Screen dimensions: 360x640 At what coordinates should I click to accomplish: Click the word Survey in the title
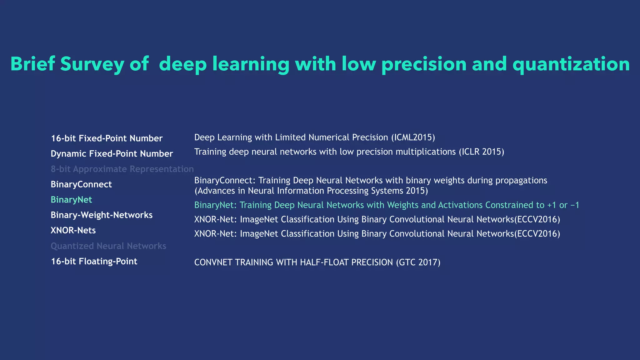click(x=92, y=64)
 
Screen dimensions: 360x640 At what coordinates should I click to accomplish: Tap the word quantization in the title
click(x=571, y=64)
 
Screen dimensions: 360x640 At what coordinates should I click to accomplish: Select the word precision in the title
click(x=424, y=64)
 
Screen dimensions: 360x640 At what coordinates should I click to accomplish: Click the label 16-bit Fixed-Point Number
click(x=107, y=138)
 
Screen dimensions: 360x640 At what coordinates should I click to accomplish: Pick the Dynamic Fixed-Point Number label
click(x=112, y=153)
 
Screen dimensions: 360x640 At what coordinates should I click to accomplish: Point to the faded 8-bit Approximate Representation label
click(x=122, y=169)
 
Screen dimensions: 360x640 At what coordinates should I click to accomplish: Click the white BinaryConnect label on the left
click(x=81, y=184)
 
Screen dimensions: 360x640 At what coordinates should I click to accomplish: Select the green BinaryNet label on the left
click(x=71, y=199)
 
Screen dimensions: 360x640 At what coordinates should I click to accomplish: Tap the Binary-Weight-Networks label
click(x=102, y=215)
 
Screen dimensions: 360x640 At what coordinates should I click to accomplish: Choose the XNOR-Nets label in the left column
click(x=73, y=230)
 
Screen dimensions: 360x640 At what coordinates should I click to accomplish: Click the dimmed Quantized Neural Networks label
click(x=108, y=246)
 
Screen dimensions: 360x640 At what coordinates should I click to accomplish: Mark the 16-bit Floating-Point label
click(x=94, y=261)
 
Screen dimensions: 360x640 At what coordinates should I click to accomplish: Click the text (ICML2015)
click(x=413, y=137)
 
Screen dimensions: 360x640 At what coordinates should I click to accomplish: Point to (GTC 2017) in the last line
click(x=418, y=262)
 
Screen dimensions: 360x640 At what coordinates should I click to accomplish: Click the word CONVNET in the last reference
click(x=213, y=262)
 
